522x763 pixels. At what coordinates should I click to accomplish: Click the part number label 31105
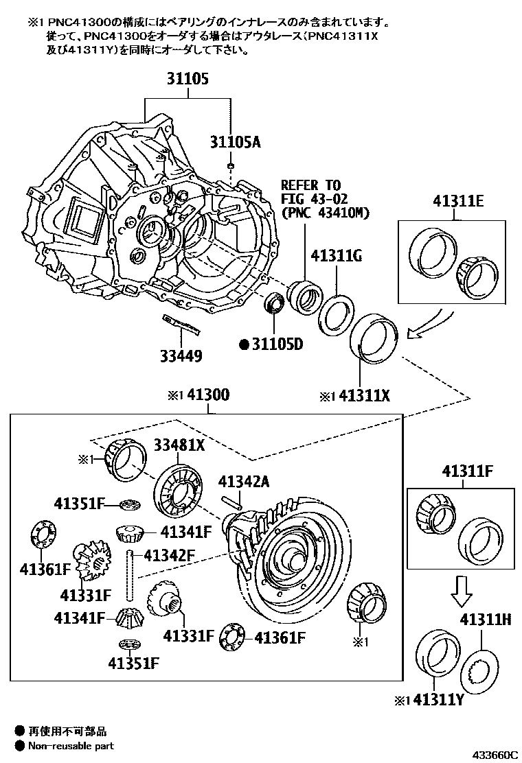(186, 80)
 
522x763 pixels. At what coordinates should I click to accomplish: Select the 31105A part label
(236, 142)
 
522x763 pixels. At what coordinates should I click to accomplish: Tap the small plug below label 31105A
(232, 166)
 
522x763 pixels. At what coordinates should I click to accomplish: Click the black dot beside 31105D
(243, 344)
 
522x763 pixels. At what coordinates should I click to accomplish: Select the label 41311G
(336, 257)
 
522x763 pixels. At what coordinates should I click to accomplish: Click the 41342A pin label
(244, 482)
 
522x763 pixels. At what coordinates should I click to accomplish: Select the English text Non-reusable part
(71, 746)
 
